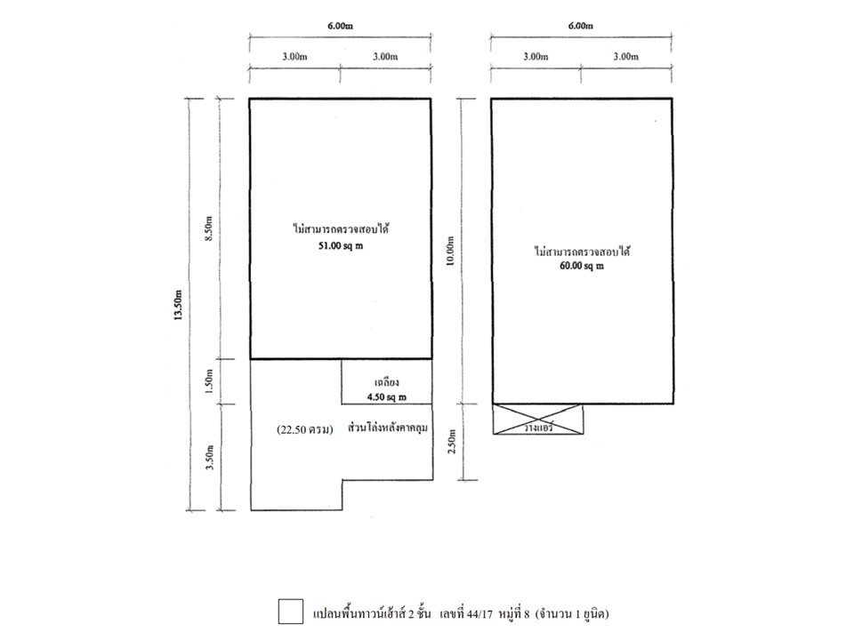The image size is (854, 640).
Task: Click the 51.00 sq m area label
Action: [341, 246]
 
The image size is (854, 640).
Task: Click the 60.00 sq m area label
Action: [581, 266]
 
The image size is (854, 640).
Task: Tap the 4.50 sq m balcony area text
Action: [387, 397]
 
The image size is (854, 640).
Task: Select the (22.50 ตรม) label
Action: [304, 430]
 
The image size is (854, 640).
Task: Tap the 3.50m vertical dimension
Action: [209, 458]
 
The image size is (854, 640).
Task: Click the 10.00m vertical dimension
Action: [450, 252]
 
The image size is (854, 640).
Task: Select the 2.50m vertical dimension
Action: [450, 443]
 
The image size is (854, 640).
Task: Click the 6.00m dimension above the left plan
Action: [340, 26]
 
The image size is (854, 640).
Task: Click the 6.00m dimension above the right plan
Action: [581, 26]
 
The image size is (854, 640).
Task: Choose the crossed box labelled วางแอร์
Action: [538, 420]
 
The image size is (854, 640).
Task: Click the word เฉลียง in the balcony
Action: [387, 383]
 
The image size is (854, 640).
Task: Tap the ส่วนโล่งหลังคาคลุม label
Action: [387, 428]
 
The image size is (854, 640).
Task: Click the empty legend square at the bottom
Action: [291, 612]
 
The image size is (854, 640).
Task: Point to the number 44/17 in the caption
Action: [479, 614]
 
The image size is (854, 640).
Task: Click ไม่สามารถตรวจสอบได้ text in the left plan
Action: [341, 229]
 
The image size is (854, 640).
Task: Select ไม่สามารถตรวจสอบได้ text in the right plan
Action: [582, 252]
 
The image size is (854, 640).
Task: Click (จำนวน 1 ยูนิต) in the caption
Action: [572, 614]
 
